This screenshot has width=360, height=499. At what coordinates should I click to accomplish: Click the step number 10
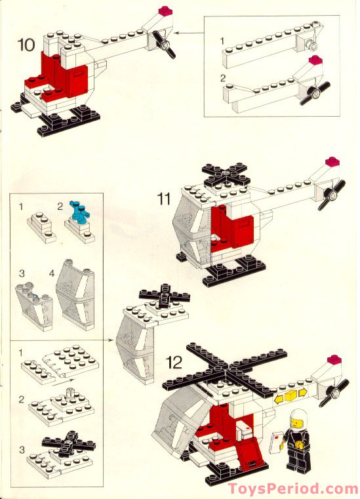[26, 45]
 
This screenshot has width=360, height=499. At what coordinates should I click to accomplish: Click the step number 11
[164, 199]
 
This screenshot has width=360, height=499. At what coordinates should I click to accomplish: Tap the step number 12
[174, 362]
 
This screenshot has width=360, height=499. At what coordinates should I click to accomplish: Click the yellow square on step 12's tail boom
[290, 396]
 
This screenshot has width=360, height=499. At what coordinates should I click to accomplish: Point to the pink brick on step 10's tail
[165, 10]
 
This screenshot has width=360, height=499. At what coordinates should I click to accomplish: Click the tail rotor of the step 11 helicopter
[331, 195]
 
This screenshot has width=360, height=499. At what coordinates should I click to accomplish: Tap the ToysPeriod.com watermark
[293, 489]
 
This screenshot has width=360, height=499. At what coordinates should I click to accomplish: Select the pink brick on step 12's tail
[334, 360]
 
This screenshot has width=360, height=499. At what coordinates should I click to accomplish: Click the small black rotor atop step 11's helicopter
[226, 174]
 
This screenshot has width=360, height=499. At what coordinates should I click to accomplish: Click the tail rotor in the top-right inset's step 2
[315, 93]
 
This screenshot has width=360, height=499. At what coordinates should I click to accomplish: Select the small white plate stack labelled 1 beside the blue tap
[41, 227]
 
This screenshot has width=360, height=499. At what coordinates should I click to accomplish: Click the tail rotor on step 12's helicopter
[334, 393]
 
